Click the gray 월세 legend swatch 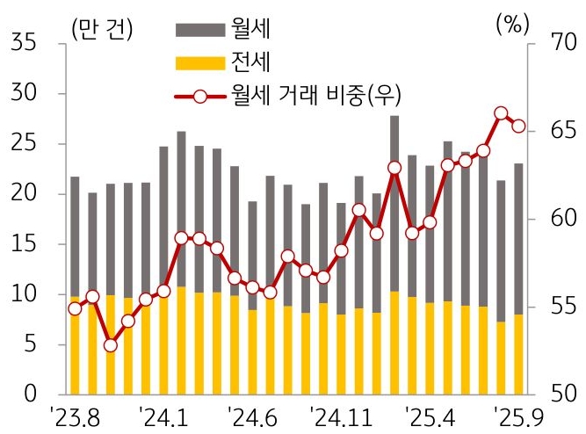(201, 29)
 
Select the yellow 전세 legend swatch (201, 62)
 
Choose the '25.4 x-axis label (431, 413)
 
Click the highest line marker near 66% (501, 113)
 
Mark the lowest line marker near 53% (110, 345)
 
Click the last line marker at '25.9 (518, 126)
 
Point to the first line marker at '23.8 (75, 308)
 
